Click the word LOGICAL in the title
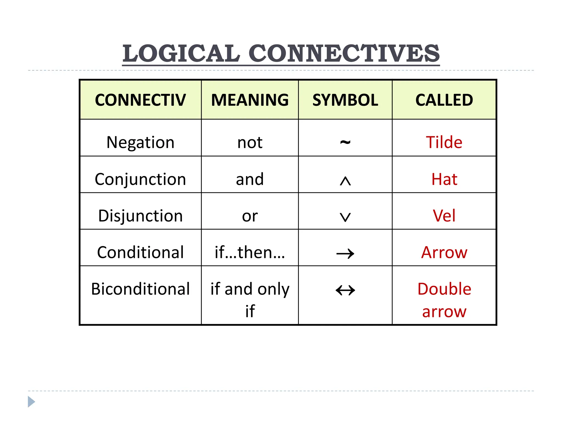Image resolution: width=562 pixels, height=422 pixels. (181, 53)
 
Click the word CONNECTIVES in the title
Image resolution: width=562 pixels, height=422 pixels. (344, 53)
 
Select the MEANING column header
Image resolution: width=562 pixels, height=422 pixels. (250, 100)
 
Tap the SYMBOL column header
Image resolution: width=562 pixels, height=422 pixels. (345, 100)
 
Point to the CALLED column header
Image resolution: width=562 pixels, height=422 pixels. (444, 100)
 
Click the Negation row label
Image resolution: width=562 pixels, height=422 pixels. (140, 142)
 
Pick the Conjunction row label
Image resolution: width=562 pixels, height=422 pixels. (140, 179)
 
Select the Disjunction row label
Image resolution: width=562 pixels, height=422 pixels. (140, 216)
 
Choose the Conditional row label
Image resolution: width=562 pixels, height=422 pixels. (140, 252)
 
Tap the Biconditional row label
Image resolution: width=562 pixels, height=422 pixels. (140, 289)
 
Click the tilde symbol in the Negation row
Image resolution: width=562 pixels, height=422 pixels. (345, 142)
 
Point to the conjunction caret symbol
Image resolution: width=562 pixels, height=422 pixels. (345, 181)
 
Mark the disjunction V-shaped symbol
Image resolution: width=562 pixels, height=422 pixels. (345, 217)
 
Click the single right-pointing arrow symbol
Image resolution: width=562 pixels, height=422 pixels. (345, 253)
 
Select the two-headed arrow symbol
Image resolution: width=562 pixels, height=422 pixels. (345, 290)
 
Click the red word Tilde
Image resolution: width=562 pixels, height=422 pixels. (444, 142)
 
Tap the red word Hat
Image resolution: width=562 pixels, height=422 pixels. (444, 179)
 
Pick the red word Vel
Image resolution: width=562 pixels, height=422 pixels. (444, 216)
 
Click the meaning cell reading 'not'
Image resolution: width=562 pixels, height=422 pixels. (250, 143)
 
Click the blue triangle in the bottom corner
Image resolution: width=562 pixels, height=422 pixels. (31, 402)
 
